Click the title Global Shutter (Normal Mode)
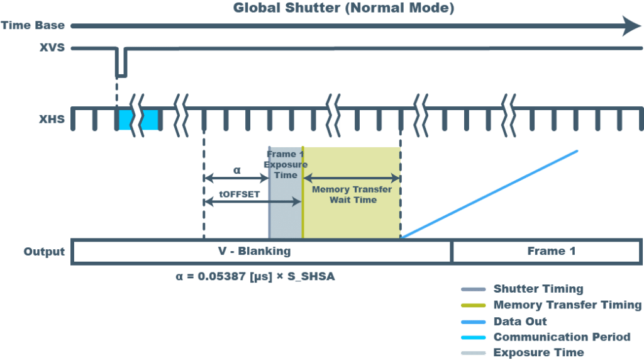[343, 8]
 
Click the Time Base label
[33, 26]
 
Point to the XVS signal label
[52, 47]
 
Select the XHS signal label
[52, 118]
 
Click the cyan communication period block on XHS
[138, 120]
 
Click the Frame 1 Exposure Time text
[286, 164]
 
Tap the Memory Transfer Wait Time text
[352, 194]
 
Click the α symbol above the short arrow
[236, 170]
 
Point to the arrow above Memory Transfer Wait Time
[352, 179]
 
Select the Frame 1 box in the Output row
[546, 251]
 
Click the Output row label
[45, 251]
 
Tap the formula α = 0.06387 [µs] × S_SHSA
[255, 276]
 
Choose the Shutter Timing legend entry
[538, 289]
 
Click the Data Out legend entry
[520, 321]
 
